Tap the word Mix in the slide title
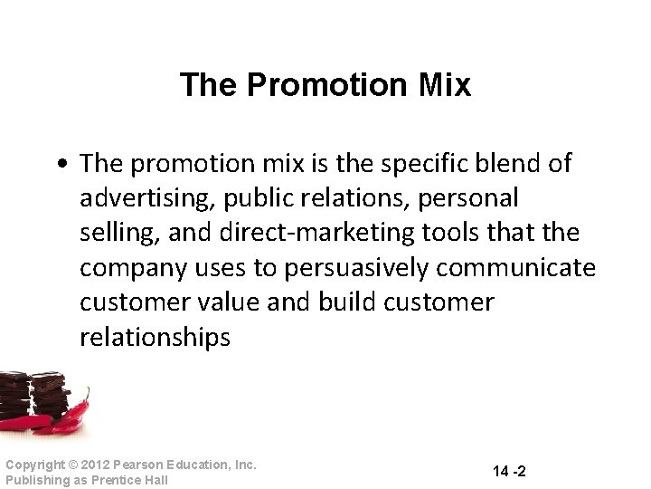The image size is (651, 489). [x=443, y=85]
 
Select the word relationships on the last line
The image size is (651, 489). [x=155, y=338]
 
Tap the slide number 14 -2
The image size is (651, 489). [x=510, y=471]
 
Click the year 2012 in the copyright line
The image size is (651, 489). [x=95, y=465]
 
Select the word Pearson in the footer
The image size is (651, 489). [x=137, y=465]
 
